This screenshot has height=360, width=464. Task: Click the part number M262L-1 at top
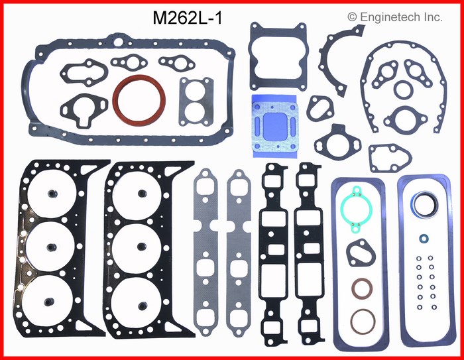pyautogui.click(x=187, y=19)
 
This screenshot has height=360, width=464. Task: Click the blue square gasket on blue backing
pyautogui.click(x=274, y=125)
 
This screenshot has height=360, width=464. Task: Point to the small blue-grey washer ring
pyautogui.click(x=424, y=237)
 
